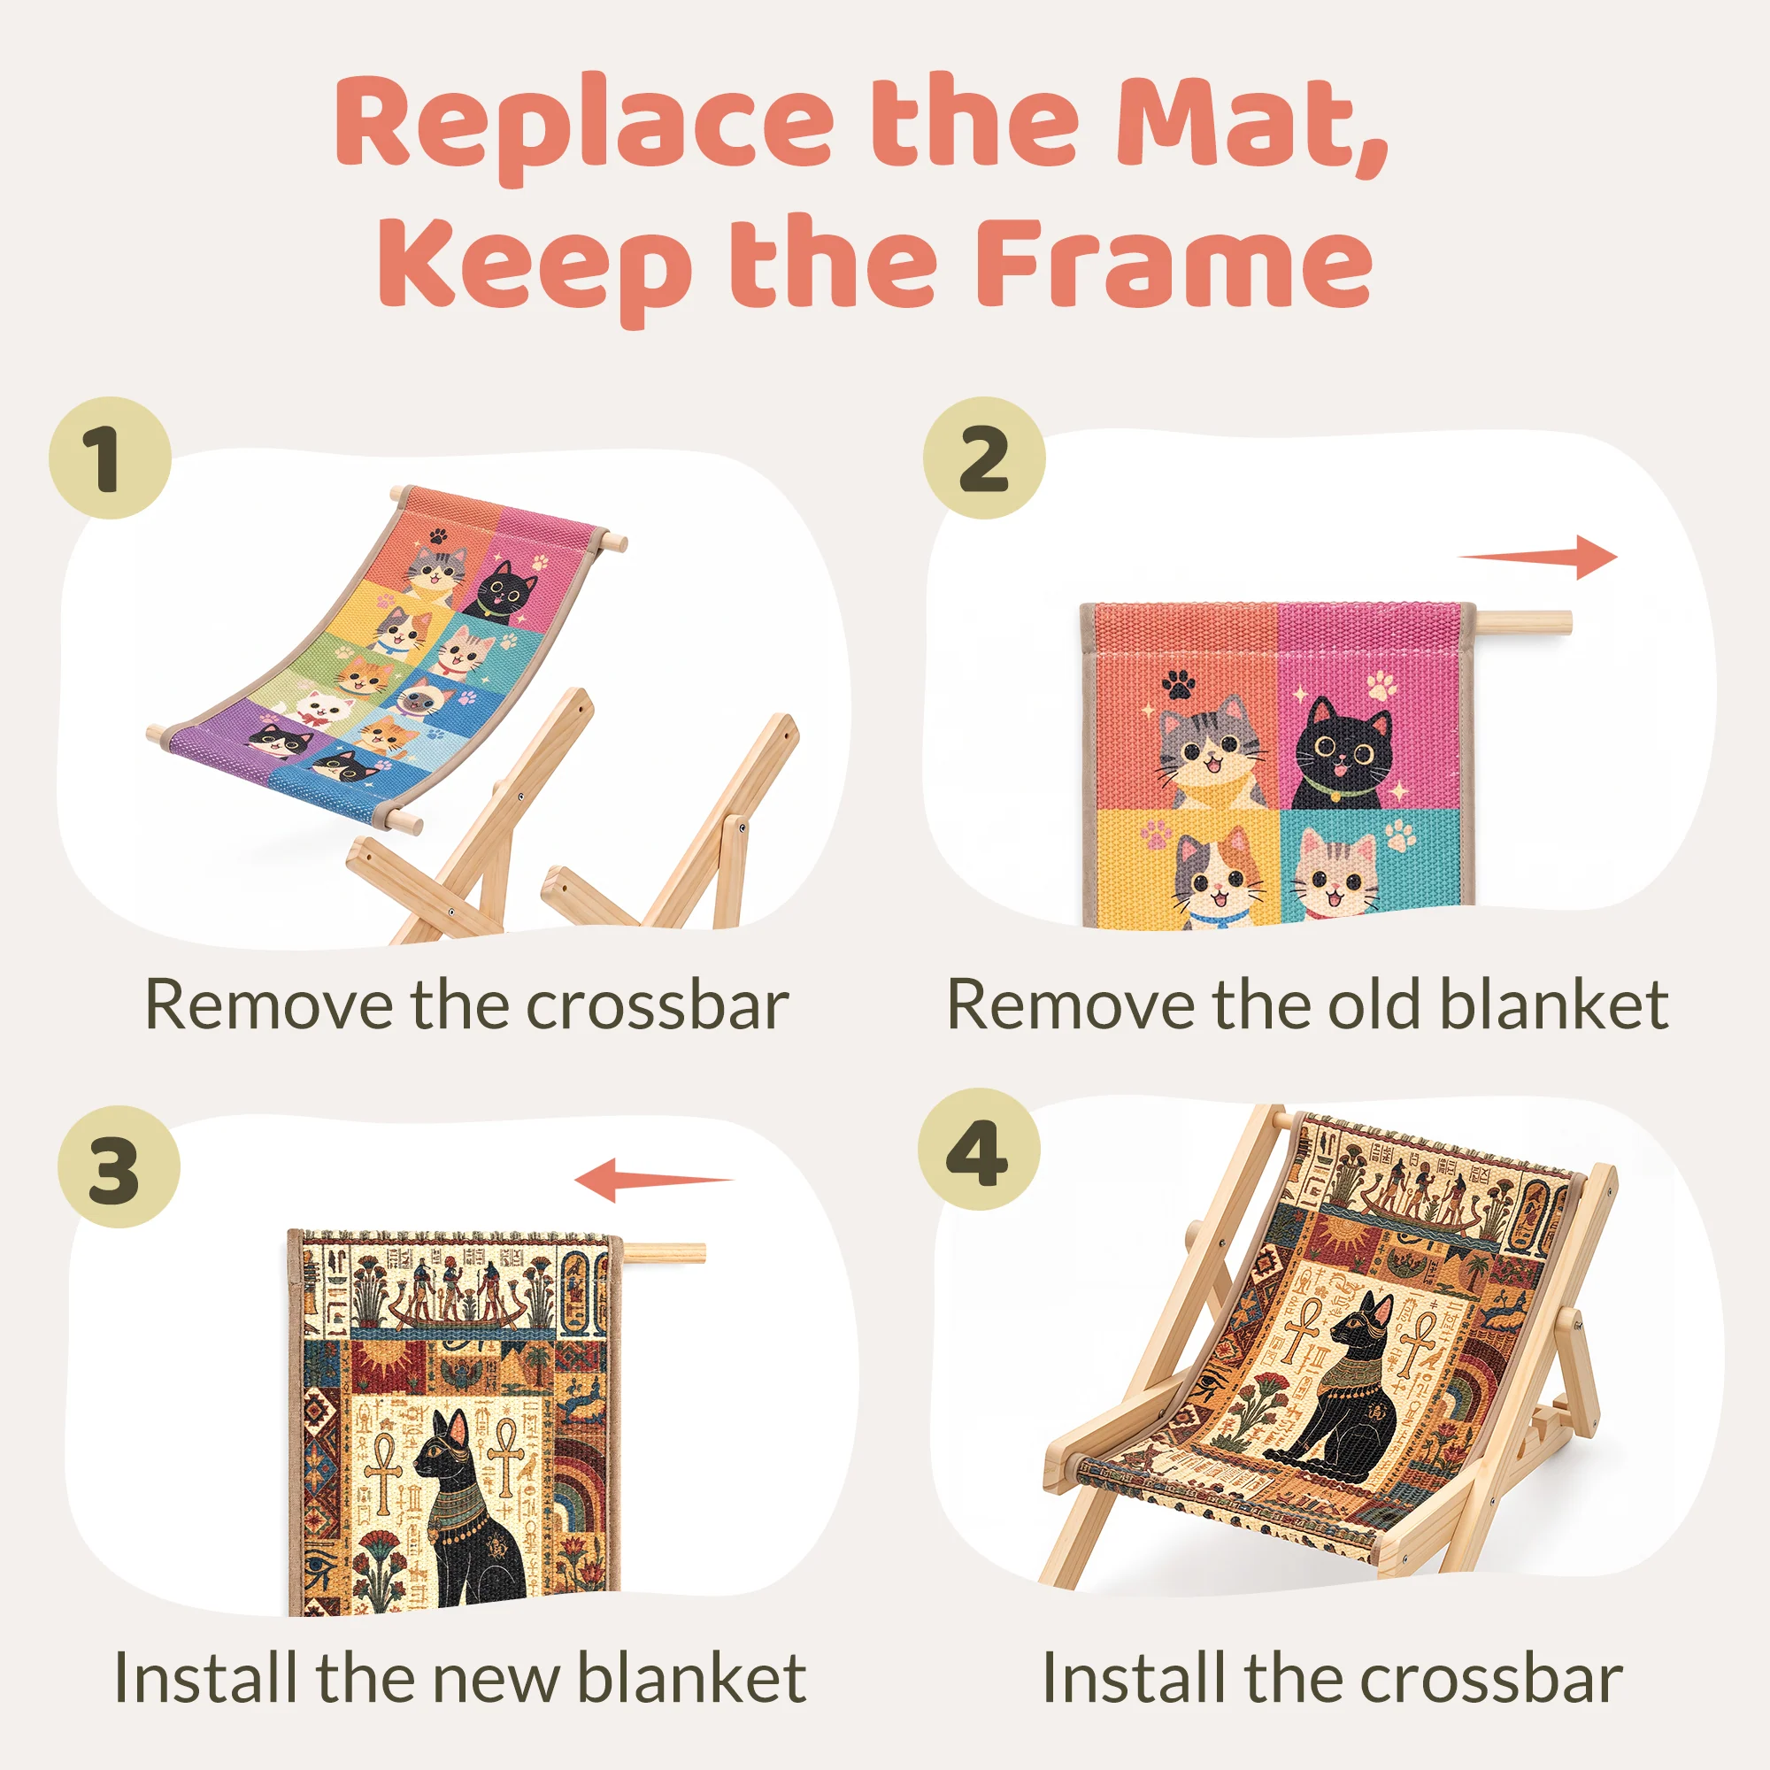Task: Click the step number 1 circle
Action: [x=110, y=458]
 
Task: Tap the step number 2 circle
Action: [x=984, y=458]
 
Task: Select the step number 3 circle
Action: [x=119, y=1166]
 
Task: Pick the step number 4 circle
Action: [x=980, y=1149]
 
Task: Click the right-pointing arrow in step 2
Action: [x=1537, y=556]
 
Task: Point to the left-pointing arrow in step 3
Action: [x=653, y=1180]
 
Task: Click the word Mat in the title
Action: [x=1251, y=124]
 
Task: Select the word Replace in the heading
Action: [x=584, y=128]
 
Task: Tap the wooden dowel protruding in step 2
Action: [x=1520, y=623]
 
